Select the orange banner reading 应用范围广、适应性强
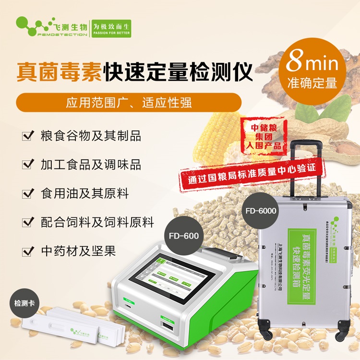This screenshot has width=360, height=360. point(128,103)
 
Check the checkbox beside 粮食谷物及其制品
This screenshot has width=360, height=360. point(27,136)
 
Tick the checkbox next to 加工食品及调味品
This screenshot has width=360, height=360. point(27,165)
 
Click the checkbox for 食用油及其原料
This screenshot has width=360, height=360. point(27,193)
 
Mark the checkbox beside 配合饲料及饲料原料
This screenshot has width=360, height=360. point(27,222)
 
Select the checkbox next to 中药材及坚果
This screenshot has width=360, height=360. point(27,251)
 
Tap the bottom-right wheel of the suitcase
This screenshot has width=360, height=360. point(341,332)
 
